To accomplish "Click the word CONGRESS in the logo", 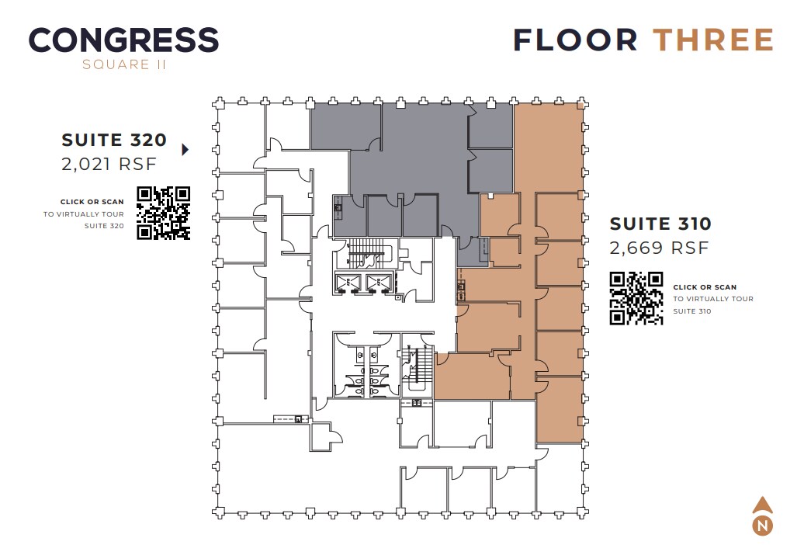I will (x=123, y=40).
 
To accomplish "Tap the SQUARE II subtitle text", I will (x=124, y=65).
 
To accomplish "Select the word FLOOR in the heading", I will (x=575, y=40).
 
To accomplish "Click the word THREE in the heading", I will (x=713, y=40).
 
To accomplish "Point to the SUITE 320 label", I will (x=114, y=141).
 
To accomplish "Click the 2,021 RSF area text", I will (x=109, y=164).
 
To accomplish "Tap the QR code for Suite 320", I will (x=164, y=213).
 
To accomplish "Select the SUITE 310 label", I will (x=660, y=224).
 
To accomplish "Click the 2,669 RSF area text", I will (x=659, y=248).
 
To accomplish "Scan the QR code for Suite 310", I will (x=636, y=297).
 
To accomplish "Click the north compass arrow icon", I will (x=763, y=506).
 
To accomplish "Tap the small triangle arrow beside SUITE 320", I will (x=185, y=150).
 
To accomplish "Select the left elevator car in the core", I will (x=347, y=283).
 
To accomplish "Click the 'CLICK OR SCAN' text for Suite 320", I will (x=92, y=202).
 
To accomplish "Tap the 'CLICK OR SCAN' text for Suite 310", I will (x=705, y=287).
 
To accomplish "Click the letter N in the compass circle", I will (x=763, y=526).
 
